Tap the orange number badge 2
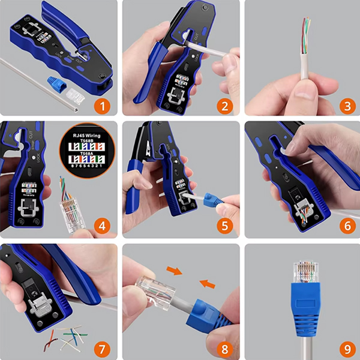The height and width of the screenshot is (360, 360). [224, 107]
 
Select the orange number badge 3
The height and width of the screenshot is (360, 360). [345, 107]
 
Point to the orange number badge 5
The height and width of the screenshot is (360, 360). [224, 226]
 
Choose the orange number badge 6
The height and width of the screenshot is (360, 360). [345, 226]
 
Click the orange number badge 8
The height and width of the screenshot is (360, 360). [224, 346]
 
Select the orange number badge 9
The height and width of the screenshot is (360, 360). [345, 346]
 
